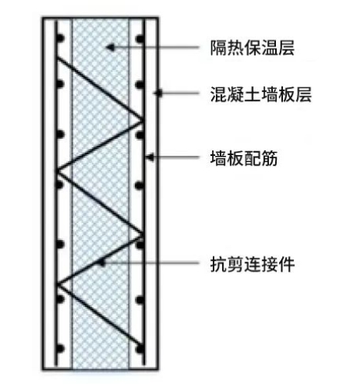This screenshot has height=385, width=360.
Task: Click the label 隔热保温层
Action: click(252, 48)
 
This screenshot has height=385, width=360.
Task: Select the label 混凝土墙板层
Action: click(261, 94)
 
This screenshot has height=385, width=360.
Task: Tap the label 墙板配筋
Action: click(244, 157)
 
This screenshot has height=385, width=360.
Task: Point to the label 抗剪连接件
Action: click(252, 264)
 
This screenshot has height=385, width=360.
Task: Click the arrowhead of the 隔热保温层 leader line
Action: click(110, 47)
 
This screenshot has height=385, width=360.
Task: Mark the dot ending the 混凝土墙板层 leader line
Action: click(160, 93)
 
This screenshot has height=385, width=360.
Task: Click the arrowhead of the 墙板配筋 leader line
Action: click(150, 157)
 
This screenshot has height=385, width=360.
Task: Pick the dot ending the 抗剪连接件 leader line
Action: click(103, 263)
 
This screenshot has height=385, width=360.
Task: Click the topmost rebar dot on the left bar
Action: click(60, 39)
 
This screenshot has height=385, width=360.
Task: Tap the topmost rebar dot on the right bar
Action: click(140, 39)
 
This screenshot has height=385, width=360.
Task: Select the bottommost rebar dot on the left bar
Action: click(60, 349)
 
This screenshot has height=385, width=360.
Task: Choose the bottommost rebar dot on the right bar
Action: click(140, 349)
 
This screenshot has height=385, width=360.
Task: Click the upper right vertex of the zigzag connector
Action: click(143, 120)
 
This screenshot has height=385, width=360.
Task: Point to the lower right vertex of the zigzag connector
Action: click(143, 234)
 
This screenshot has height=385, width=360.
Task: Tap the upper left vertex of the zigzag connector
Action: click(57, 171)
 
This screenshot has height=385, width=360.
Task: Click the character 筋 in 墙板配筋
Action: click(269, 157)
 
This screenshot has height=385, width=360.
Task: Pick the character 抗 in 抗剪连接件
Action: click(219, 264)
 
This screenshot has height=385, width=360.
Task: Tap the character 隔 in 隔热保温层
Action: click(219, 48)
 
